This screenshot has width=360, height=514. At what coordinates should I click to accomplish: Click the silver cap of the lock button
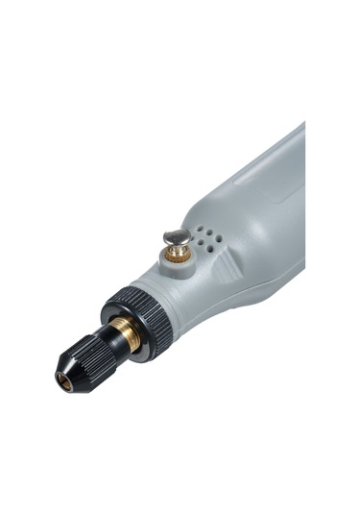coord(176,236)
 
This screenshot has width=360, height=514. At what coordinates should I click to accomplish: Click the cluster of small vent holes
coord(205,238)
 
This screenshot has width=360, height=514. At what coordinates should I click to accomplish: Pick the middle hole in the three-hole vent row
coord(205,232)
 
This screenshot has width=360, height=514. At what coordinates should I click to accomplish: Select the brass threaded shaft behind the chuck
coord(124,333)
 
